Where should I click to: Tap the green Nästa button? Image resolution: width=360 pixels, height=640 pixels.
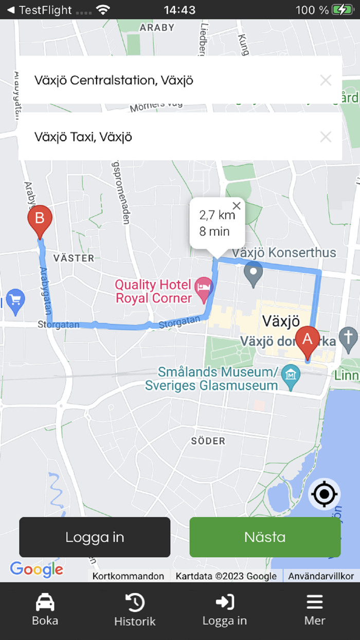pos(265,537)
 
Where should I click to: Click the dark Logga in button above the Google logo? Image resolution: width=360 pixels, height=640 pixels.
pos(95,537)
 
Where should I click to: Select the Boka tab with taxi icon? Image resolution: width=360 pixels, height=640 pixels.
pos(45,609)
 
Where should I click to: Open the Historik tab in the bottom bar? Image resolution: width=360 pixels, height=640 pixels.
pos(135,609)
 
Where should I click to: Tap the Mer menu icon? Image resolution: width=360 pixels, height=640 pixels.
pos(315,609)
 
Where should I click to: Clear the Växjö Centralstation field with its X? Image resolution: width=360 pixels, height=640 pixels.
pos(326,80)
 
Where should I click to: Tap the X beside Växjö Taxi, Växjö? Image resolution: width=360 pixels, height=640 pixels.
pos(326,137)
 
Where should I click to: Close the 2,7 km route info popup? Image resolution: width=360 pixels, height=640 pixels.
pos(237,206)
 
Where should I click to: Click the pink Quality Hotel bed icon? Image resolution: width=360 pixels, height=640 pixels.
pos(204,290)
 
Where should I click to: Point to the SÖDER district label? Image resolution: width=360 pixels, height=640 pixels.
pos(208,441)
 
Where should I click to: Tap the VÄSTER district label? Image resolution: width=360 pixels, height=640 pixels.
pos(74,258)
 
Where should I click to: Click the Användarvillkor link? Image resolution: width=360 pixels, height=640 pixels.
pos(321,576)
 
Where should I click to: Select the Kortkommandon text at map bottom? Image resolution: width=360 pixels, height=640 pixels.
pos(128,576)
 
